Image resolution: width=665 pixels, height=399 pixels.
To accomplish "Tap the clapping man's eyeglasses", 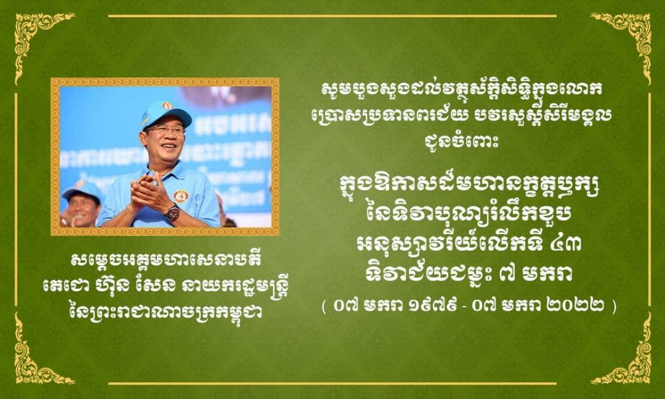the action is point(165,130).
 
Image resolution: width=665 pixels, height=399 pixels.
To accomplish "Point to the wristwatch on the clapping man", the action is point(172,211).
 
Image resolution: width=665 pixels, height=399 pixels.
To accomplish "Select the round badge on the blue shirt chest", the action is point(181,196).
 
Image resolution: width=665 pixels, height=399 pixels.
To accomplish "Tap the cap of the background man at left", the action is point(81,189).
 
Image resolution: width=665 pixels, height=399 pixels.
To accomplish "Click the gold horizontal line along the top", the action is point(332,16).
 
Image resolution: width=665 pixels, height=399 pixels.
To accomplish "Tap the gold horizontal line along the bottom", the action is point(332,384).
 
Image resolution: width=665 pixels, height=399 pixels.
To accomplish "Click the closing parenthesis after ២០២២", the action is point(614,307).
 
